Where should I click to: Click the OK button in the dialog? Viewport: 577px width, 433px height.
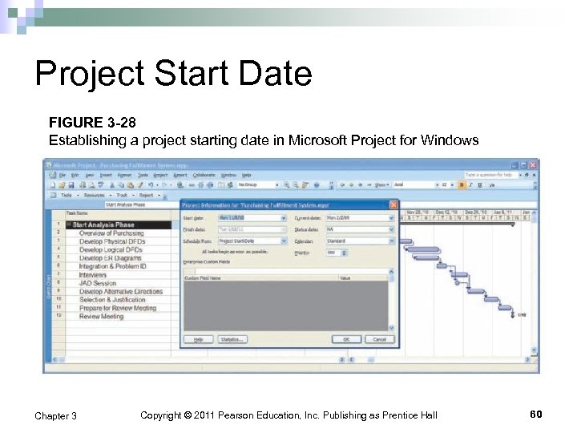tap(346, 339)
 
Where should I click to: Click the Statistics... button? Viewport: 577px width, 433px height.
tap(232, 339)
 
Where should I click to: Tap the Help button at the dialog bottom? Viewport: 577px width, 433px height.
tap(196, 339)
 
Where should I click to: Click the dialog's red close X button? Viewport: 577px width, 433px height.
tap(393, 204)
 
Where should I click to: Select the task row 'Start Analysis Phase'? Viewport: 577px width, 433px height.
tap(103, 225)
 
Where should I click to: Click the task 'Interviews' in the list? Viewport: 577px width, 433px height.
tap(93, 275)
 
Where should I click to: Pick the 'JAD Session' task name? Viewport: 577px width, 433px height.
tap(98, 283)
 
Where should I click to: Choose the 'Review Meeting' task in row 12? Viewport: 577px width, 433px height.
tap(102, 317)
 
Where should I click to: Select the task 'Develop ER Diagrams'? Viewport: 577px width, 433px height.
tap(111, 258)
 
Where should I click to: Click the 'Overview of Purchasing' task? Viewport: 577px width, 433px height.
tap(111, 233)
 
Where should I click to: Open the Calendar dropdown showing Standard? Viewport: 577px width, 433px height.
tap(360, 241)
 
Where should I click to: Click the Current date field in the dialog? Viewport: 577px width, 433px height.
tap(360, 217)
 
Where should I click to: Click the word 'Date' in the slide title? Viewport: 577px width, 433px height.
tap(274, 75)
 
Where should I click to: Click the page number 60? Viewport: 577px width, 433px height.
tap(536, 414)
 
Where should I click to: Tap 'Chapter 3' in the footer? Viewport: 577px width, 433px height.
tap(56, 415)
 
